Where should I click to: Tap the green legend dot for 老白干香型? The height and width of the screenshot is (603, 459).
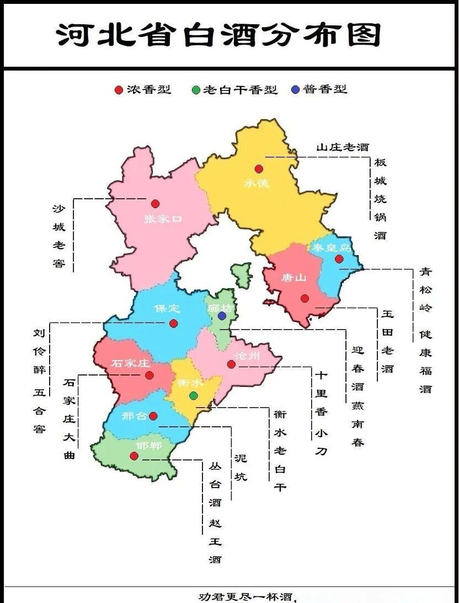[195, 90]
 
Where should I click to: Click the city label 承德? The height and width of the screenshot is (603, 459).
[257, 182]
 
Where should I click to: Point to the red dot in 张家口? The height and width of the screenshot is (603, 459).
[155, 204]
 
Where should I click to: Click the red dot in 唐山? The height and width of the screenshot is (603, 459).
[305, 298]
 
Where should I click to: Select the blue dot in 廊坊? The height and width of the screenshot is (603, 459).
[222, 315]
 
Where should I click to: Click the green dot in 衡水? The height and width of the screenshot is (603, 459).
[193, 395]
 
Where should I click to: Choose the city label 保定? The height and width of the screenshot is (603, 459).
[167, 309]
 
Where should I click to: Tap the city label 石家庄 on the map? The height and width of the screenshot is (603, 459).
[130, 363]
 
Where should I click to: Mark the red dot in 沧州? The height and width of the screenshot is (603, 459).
[231, 364]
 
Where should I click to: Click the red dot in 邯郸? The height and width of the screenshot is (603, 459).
[134, 456]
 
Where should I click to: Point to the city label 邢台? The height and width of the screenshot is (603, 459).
[135, 416]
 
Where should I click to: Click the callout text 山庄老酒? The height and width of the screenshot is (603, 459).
[342, 147]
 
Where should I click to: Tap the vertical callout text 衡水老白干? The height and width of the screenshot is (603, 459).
[280, 451]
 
